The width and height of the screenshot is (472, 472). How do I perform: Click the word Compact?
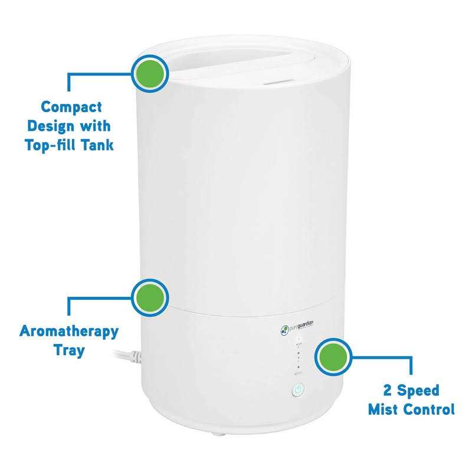71,107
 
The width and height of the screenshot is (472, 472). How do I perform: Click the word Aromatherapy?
69,331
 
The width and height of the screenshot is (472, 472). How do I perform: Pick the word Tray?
69,350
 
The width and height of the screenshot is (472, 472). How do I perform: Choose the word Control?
431,409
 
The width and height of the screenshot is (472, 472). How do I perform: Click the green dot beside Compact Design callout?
150,73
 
